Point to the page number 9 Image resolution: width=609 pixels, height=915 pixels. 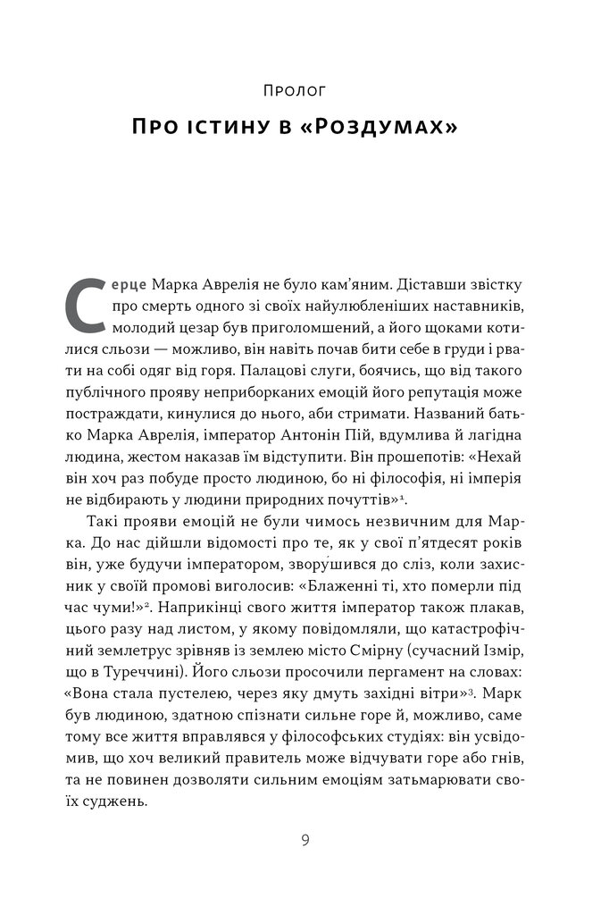[304, 840]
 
